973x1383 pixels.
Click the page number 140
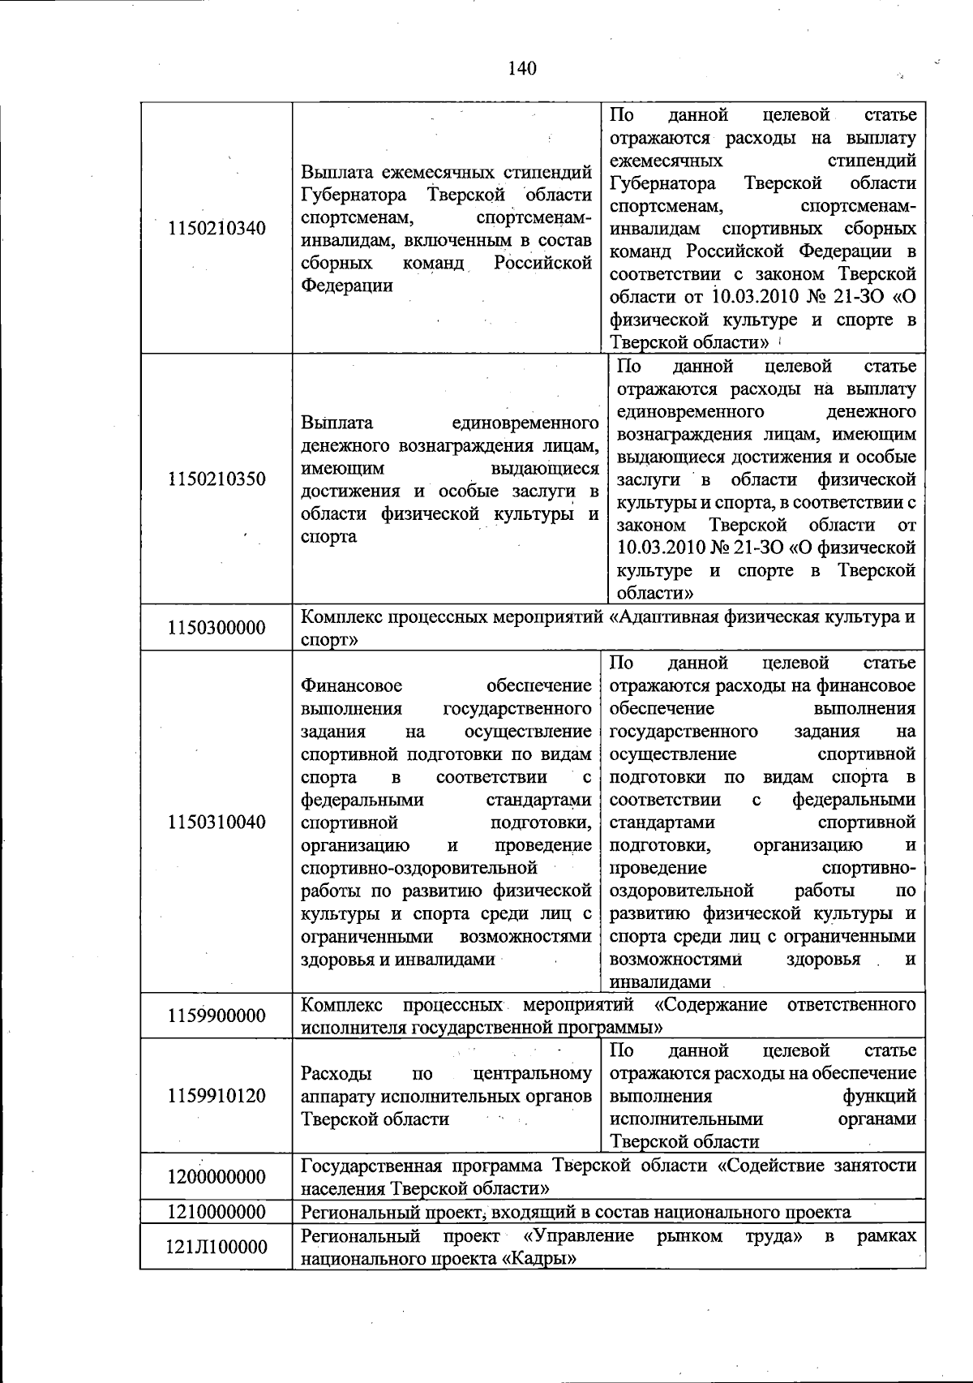522,68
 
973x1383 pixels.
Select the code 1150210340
216,228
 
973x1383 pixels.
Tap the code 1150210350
216,479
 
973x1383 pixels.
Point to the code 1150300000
216,628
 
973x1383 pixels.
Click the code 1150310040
216,822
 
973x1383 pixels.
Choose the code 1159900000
216,1016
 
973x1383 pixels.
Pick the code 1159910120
216,1096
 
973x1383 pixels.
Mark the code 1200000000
216,1177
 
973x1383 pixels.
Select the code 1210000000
216,1212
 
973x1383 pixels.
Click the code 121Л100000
216,1247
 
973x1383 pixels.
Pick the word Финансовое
351,686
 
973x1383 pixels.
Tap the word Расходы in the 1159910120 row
336,1074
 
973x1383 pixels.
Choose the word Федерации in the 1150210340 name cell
347,286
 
